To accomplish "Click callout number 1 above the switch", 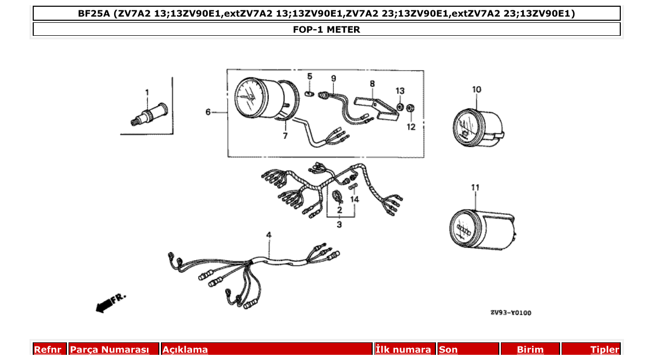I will (147, 92).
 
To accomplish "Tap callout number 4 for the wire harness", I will (269, 236).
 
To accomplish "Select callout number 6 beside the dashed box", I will (208, 112).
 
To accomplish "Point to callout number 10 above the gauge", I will (476, 89).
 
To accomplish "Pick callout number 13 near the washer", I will (400, 91).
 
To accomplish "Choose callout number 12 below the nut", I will (411, 127).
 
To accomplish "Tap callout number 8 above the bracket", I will (372, 83).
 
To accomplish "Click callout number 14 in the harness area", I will (355, 199).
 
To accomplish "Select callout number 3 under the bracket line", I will (339, 225).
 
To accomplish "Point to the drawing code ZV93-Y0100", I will (511, 313).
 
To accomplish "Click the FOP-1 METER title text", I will (326, 30).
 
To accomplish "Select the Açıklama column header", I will (185, 350).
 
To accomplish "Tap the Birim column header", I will (530, 350).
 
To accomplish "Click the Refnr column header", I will (48, 350).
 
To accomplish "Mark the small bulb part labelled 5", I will (309, 94).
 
